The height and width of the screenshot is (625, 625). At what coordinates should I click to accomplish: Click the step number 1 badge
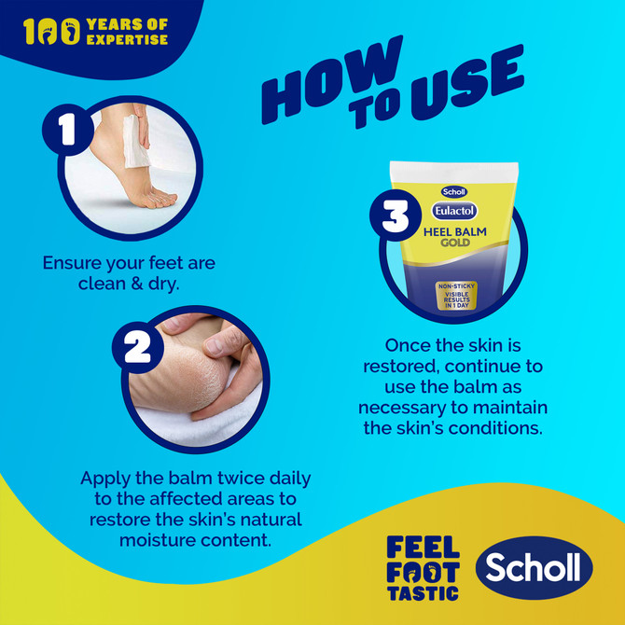click(x=66, y=130)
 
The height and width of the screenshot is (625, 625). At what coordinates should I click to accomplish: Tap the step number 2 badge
click(x=137, y=347)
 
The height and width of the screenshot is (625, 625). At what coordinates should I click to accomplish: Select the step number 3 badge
click(x=396, y=216)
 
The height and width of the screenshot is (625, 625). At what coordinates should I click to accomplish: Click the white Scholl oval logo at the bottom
click(x=535, y=568)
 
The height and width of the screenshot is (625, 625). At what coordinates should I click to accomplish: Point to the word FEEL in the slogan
click(x=422, y=548)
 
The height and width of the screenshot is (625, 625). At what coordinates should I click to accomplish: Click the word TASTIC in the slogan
click(x=422, y=591)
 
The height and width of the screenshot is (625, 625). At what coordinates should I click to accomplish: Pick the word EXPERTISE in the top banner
click(x=129, y=40)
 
